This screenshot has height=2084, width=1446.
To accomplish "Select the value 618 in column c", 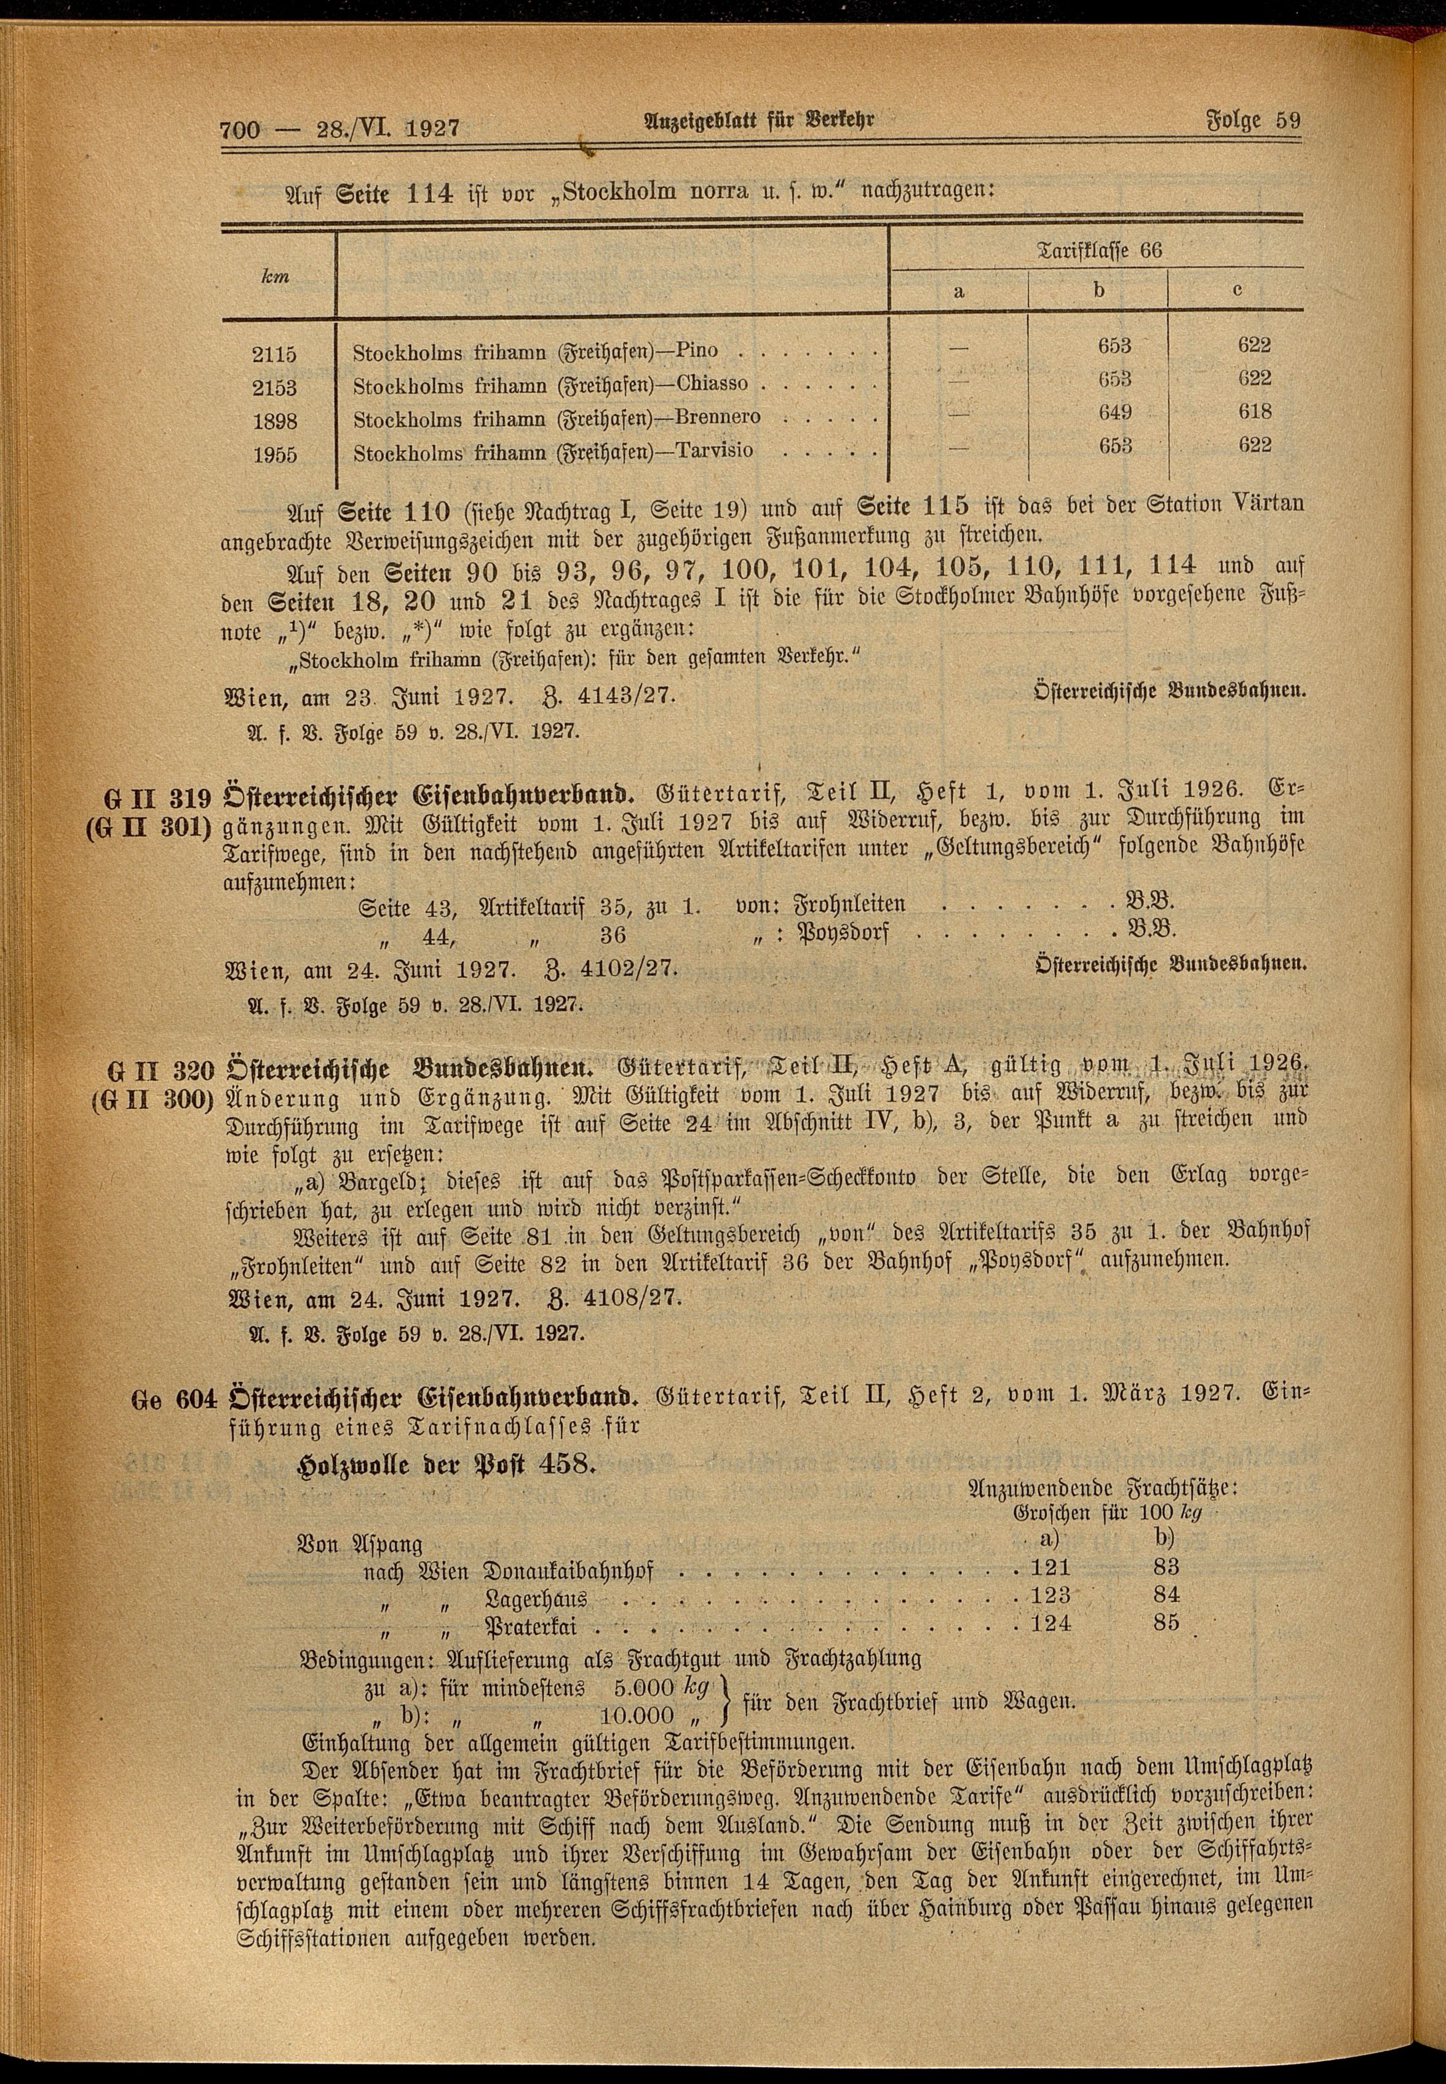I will [1254, 412].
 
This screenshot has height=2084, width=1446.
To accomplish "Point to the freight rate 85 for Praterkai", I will [1167, 1622].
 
